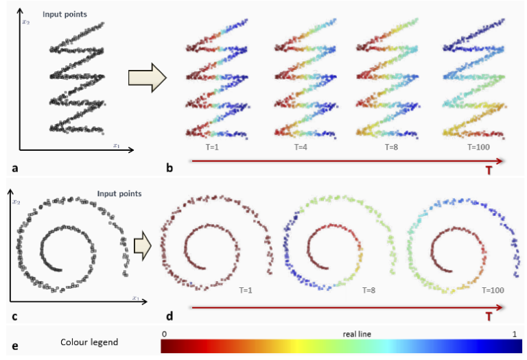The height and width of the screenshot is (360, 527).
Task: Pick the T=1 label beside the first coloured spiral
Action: coord(244,291)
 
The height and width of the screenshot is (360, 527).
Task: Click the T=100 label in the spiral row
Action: coord(493,291)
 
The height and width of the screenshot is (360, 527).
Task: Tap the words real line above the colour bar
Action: coord(357,333)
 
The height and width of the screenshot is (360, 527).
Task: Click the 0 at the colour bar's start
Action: coord(164,333)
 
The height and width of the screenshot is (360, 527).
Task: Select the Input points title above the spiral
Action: coord(119,193)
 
